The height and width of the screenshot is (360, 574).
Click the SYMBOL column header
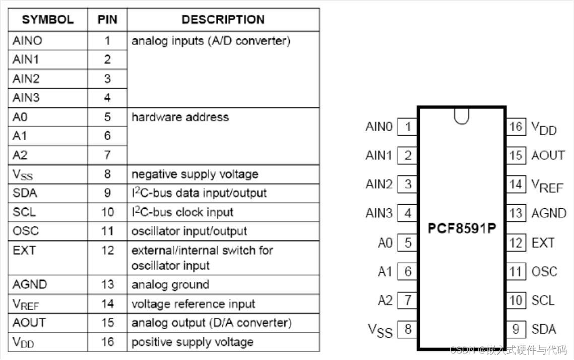coord(48,20)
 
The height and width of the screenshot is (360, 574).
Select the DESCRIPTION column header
coord(223,20)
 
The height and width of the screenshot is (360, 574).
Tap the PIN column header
coord(107,20)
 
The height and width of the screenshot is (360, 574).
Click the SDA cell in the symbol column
coord(25,193)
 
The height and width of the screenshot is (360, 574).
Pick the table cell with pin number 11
coord(107,231)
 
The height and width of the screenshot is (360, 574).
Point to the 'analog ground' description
coord(170,284)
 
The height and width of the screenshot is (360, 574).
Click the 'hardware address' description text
coord(180,117)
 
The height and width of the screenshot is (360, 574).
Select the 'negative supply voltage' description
coord(195,174)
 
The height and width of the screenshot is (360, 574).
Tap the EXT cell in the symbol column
coord(24,250)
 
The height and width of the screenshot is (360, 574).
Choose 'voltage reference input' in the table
coord(193,304)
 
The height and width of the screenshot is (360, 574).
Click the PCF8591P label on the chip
coord(462,228)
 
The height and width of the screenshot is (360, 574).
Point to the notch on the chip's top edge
coord(461,116)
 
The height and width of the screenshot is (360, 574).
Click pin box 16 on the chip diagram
coord(516,126)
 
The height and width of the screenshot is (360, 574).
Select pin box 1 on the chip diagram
coord(407,127)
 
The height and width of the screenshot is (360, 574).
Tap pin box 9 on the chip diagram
coord(516,329)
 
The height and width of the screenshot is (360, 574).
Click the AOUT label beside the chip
coord(548,155)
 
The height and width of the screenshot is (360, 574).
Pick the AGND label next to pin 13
coord(549,213)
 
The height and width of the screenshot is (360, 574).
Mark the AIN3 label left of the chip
coord(378,213)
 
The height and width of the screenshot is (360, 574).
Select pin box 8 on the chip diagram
coord(407,330)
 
